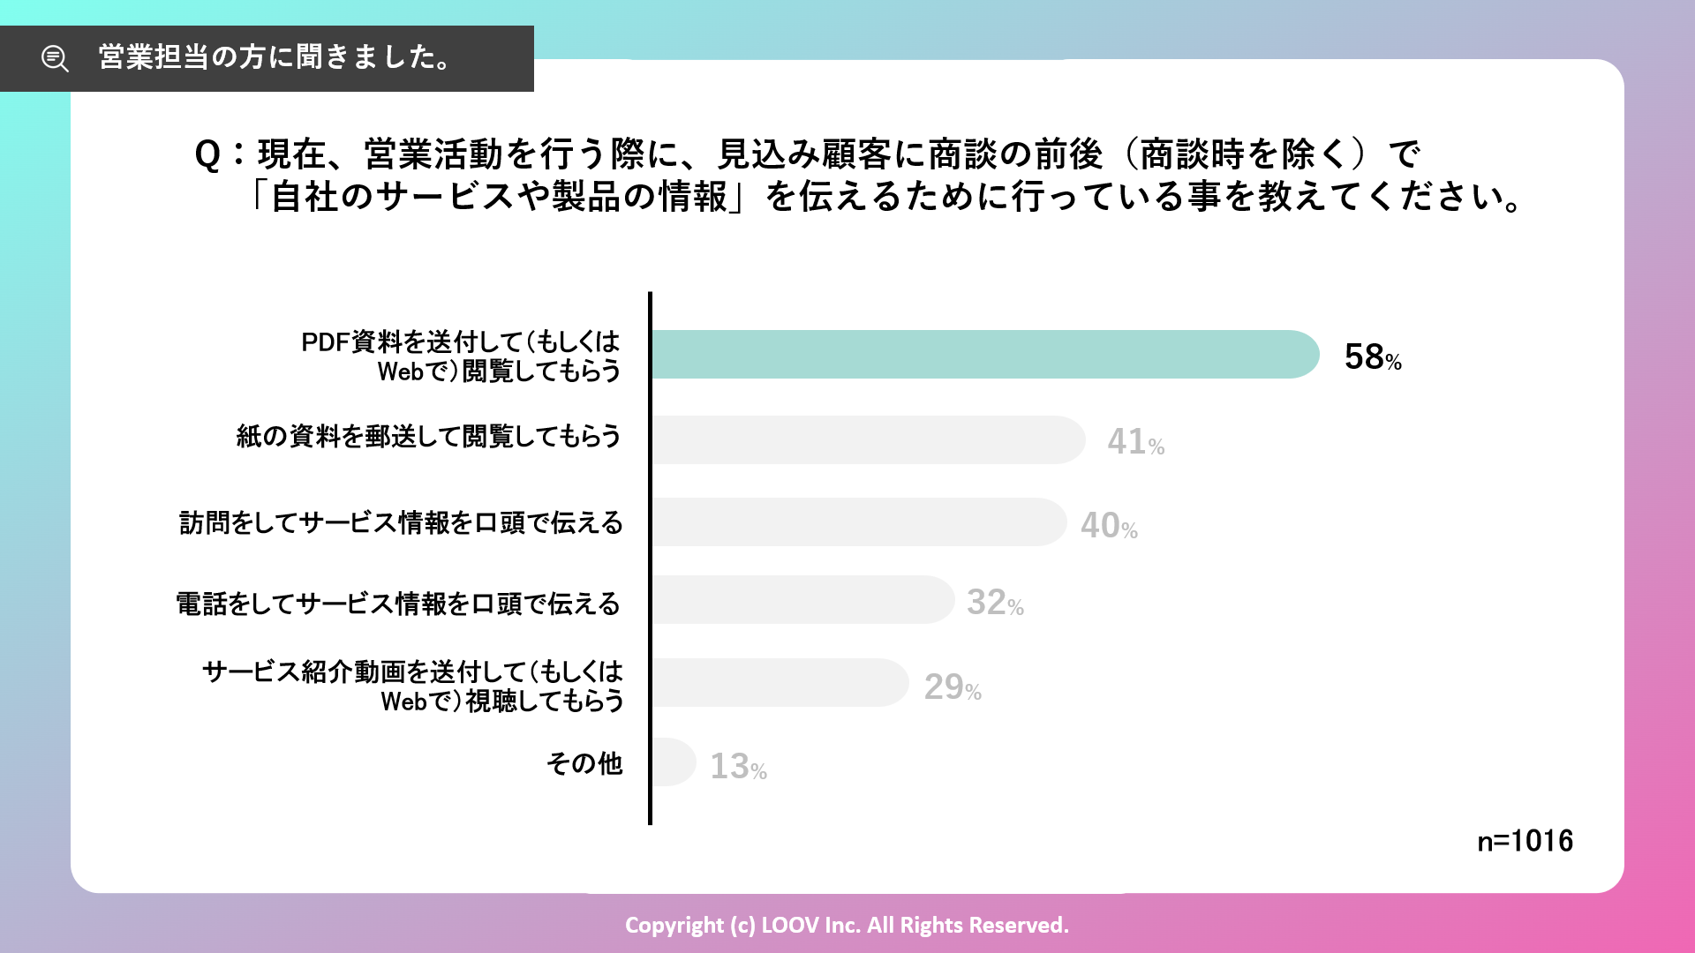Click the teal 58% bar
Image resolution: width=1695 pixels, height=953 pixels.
click(984, 355)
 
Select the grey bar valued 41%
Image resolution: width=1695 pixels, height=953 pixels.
click(868, 439)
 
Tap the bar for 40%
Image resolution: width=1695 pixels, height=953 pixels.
click(858, 522)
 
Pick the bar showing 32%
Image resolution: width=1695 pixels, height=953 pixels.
click(802, 600)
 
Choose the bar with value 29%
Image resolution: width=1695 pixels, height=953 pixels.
click(780, 682)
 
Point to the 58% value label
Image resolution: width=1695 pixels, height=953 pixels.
click(1372, 357)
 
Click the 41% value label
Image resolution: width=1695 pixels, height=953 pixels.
click(1135, 441)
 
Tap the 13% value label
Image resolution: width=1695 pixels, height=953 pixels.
click(738, 767)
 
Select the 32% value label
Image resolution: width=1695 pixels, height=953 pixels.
click(994, 603)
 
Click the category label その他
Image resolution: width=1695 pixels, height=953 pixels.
click(584, 763)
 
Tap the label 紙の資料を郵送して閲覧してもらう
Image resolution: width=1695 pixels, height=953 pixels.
click(428, 436)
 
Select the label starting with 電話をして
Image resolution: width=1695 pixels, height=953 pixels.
click(398, 604)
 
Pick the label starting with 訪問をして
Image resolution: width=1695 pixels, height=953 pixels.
click(401, 523)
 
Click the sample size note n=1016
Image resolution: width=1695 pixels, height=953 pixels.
click(1525, 841)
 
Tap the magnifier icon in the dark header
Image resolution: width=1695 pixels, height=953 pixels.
click(55, 59)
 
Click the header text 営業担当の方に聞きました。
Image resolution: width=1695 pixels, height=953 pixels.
click(275, 57)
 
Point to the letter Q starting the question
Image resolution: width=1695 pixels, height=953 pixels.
click(207, 155)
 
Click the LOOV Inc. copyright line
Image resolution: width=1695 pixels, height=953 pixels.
click(847, 925)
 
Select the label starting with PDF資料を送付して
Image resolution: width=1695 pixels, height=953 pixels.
click(461, 356)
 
